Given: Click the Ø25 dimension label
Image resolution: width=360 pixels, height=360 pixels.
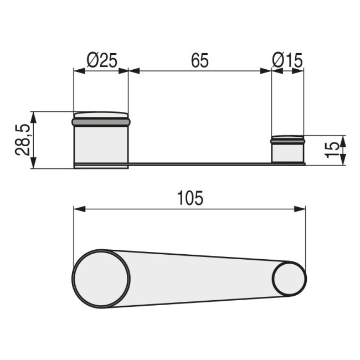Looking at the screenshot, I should coord(101,60).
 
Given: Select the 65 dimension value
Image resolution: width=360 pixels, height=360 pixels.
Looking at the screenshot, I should coord(200,60).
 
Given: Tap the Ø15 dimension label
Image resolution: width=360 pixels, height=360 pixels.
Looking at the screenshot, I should coord(287,60).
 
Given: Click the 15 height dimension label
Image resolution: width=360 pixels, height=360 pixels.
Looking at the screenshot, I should coord(331,150).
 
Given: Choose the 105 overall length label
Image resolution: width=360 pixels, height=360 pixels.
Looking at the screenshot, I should coord(190,198).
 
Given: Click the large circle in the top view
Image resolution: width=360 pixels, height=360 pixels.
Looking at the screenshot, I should coord(102,279).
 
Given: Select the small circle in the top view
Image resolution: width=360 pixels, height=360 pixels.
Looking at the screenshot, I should coord(289,279).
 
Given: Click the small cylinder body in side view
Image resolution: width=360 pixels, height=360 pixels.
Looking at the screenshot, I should coord(287,153).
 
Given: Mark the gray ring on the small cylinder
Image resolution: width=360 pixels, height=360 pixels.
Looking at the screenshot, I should coord(287,142).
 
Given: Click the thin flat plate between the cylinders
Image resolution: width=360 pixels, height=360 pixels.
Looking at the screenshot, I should coord(199,164).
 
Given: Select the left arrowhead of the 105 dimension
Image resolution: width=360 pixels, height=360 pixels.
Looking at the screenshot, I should coord(78,209).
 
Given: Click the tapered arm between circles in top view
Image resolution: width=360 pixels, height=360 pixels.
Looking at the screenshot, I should coord(199,279).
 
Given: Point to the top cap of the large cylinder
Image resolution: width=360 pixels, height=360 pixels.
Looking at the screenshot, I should coord(101,114).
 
